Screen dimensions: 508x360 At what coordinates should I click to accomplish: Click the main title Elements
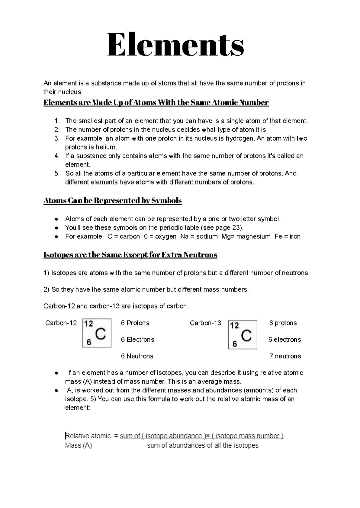click(x=176, y=45)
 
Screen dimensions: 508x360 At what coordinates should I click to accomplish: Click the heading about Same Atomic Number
click(x=156, y=102)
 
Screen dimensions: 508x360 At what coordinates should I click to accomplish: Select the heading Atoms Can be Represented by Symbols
click(x=112, y=201)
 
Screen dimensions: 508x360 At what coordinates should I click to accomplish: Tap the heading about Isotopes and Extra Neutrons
click(x=130, y=255)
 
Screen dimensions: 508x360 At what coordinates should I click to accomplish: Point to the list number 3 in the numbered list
click(x=57, y=138)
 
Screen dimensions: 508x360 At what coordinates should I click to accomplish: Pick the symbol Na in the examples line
click(x=185, y=236)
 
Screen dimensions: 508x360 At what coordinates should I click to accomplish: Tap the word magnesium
click(x=253, y=236)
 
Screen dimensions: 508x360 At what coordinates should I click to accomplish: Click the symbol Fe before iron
click(x=278, y=236)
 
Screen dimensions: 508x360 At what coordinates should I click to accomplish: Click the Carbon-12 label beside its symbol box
click(x=61, y=323)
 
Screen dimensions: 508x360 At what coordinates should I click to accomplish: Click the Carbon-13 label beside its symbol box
click(x=205, y=323)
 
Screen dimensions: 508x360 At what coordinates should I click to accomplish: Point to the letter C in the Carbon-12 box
click(x=101, y=333)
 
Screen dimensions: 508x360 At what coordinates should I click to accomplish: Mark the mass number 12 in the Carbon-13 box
click(x=235, y=325)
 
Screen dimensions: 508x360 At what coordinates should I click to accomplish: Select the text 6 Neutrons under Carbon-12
click(x=137, y=356)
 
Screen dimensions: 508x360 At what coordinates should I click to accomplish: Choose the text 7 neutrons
click(x=285, y=356)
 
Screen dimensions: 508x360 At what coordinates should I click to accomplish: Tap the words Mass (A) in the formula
click(x=78, y=445)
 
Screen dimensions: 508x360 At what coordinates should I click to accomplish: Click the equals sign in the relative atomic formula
click(x=116, y=436)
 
